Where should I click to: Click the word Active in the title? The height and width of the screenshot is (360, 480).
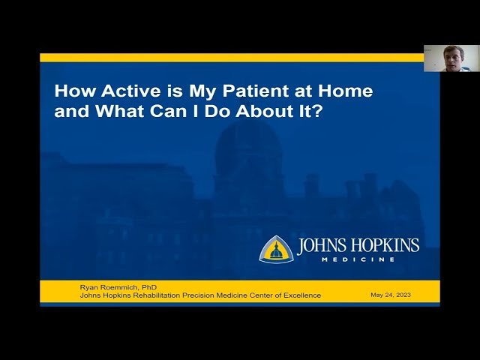pyautogui.click(x=116, y=92)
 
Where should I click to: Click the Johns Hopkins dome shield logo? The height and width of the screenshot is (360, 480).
pyautogui.click(x=276, y=249)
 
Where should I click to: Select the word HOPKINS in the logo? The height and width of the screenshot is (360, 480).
pyautogui.click(x=386, y=246)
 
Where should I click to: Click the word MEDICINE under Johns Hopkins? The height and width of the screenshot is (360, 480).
pyautogui.click(x=358, y=259)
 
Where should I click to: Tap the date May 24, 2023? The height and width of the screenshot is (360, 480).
pyautogui.click(x=391, y=295)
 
